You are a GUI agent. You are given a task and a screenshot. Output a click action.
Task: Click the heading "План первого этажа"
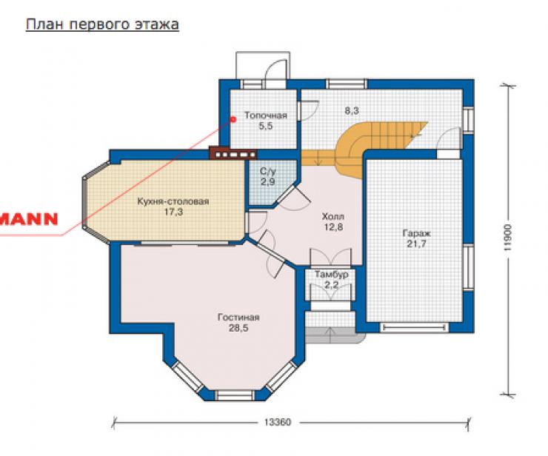pyautogui.click(x=102, y=25)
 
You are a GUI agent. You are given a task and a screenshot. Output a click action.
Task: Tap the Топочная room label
pyautogui.click(x=266, y=115)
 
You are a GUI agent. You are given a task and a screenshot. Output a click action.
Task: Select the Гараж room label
pyautogui.click(x=417, y=233)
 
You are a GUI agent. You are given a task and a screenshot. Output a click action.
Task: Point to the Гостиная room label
pyautogui.click(x=238, y=318)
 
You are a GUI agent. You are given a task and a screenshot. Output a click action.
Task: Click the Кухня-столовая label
pyautogui.click(x=173, y=201)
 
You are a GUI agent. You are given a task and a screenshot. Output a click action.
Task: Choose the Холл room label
pyautogui.click(x=333, y=217)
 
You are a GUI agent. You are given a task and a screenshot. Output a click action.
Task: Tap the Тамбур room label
pyautogui.click(x=332, y=275)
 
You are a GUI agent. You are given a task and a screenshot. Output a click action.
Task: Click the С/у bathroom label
pyautogui.click(x=268, y=171)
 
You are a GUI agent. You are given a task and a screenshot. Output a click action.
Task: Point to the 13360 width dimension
pyautogui.click(x=278, y=423)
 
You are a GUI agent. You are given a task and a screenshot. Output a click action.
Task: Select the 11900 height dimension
pyautogui.click(x=508, y=238)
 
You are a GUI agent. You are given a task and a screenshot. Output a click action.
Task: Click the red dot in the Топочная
pyautogui.click(x=233, y=119)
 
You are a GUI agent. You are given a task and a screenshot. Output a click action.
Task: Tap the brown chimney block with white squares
pyautogui.click(x=233, y=153)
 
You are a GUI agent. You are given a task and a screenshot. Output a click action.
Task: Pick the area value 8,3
pyautogui.click(x=352, y=111)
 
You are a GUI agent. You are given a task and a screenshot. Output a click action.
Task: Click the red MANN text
pyautogui.click(x=29, y=218)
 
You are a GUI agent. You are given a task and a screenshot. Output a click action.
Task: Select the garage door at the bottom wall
pyautogui.click(x=414, y=327)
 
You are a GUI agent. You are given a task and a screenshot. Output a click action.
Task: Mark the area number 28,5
pyautogui.click(x=238, y=328)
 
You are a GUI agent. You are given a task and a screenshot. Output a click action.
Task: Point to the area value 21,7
pyautogui.click(x=416, y=244)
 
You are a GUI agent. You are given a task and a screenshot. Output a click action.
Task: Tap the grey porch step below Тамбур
pyautogui.click(x=335, y=335)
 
